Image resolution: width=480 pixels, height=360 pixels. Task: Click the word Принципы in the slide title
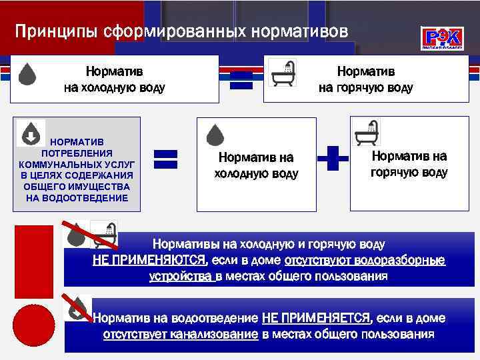53,31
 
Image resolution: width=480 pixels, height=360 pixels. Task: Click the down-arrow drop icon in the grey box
31,133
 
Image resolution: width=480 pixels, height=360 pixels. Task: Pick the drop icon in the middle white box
215,135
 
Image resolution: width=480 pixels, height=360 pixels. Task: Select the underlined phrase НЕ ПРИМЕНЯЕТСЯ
316,318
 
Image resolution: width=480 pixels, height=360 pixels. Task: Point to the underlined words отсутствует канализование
180,334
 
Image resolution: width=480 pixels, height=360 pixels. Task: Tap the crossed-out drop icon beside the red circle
79,305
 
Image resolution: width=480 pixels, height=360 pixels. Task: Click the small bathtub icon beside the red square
103,234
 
